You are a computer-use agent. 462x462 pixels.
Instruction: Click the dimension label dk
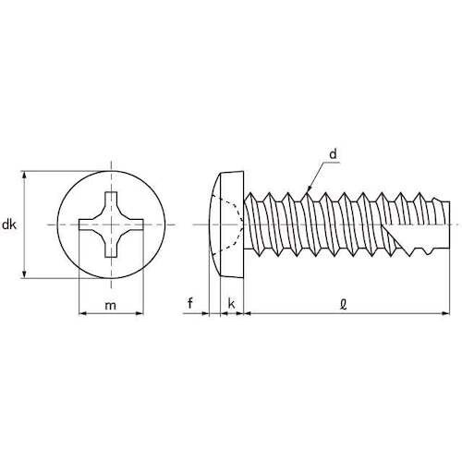(x=9, y=225)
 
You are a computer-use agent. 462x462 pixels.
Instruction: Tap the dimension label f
(x=190, y=302)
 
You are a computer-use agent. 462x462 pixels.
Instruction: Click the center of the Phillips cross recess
(x=113, y=225)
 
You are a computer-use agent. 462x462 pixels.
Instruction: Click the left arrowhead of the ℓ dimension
(x=249, y=315)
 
